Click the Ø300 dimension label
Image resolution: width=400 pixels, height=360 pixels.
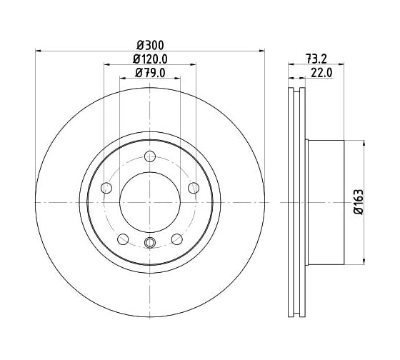point(150,46)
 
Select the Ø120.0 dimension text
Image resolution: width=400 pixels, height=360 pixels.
point(150,59)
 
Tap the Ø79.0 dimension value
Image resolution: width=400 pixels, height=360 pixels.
point(150,74)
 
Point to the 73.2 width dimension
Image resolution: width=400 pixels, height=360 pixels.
point(316,59)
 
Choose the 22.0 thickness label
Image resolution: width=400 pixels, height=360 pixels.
point(321,74)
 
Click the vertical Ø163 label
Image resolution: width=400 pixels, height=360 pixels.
point(359,202)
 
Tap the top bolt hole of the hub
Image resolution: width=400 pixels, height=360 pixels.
point(150,156)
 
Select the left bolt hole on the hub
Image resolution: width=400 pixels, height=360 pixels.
point(106,188)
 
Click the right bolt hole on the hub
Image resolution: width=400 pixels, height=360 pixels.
point(194,188)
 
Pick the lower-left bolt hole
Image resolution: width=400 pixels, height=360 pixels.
point(123,239)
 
